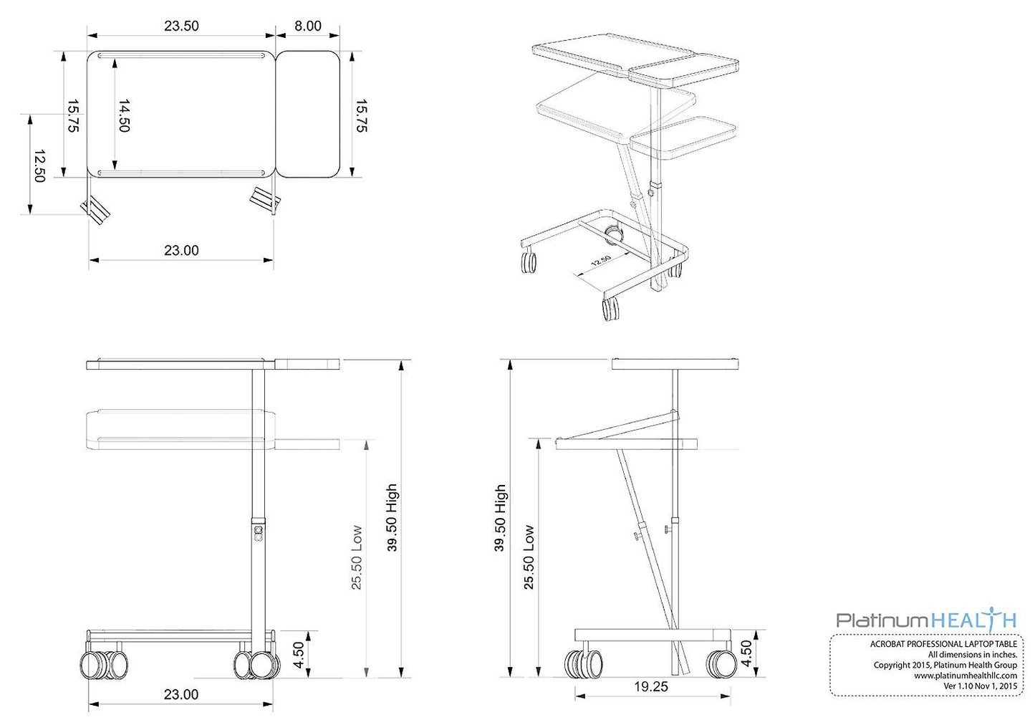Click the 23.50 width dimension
[x=181, y=27]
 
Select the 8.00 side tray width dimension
[x=308, y=27]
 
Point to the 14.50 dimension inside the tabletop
[x=123, y=115]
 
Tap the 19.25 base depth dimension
[x=650, y=687]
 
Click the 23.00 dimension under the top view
[x=181, y=251]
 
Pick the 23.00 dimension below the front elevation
[x=181, y=695]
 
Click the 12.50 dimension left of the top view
[x=39, y=165]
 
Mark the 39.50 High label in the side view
[x=500, y=518]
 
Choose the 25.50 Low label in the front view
[x=357, y=558]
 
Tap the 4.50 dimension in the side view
[x=746, y=653]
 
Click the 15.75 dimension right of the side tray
[x=361, y=115]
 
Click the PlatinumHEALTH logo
[x=926, y=620]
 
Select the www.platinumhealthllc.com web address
[x=965, y=676]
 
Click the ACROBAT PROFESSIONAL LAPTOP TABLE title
[x=943, y=644]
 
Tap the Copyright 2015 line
[x=945, y=666]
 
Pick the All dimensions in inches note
[x=972, y=655]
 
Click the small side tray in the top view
[x=308, y=115]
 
